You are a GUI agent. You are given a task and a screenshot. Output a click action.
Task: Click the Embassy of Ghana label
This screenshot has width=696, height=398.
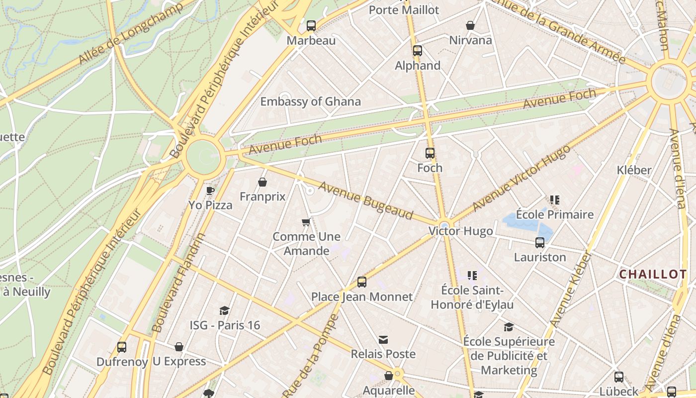coord(311,101)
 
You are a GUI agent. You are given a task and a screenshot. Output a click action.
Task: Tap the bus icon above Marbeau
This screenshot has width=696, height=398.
coord(311,26)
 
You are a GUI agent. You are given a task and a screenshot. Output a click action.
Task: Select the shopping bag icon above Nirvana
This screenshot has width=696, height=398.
coord(470,25)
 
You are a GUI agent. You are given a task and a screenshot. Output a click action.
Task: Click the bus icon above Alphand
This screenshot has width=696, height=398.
coord(418,50)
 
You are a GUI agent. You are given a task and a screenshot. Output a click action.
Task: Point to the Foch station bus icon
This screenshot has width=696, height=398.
coord(430,153)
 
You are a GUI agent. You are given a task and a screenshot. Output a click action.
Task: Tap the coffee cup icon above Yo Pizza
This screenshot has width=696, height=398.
coord(210,190)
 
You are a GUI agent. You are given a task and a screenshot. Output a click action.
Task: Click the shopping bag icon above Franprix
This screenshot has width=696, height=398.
coord(262,182)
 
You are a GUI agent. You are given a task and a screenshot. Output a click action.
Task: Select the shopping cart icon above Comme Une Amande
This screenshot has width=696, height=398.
coord(306,222)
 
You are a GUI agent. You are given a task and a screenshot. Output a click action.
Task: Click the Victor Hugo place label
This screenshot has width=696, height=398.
coord(461,231)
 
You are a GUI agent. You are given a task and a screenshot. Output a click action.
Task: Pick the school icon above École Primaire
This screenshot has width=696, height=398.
coord(555,200)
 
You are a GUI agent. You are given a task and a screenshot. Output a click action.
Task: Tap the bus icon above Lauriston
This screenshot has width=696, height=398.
coord(540,243)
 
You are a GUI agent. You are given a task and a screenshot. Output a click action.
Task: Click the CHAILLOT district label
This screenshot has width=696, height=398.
coord(653,274)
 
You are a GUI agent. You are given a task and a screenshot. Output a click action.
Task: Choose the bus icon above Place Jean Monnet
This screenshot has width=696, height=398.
coord(362,282)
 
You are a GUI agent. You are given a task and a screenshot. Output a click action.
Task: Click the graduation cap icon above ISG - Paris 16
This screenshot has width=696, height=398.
coord(225,310)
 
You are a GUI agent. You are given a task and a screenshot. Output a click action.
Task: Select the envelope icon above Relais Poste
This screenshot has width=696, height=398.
coord(383,340)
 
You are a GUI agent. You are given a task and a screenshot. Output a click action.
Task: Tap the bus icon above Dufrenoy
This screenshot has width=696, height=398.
coord(122,347)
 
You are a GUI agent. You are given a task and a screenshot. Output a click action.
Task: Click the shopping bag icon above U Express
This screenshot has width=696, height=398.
coord(179,347)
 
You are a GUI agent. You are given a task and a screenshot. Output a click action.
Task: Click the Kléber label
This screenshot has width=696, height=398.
coord(634,170)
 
